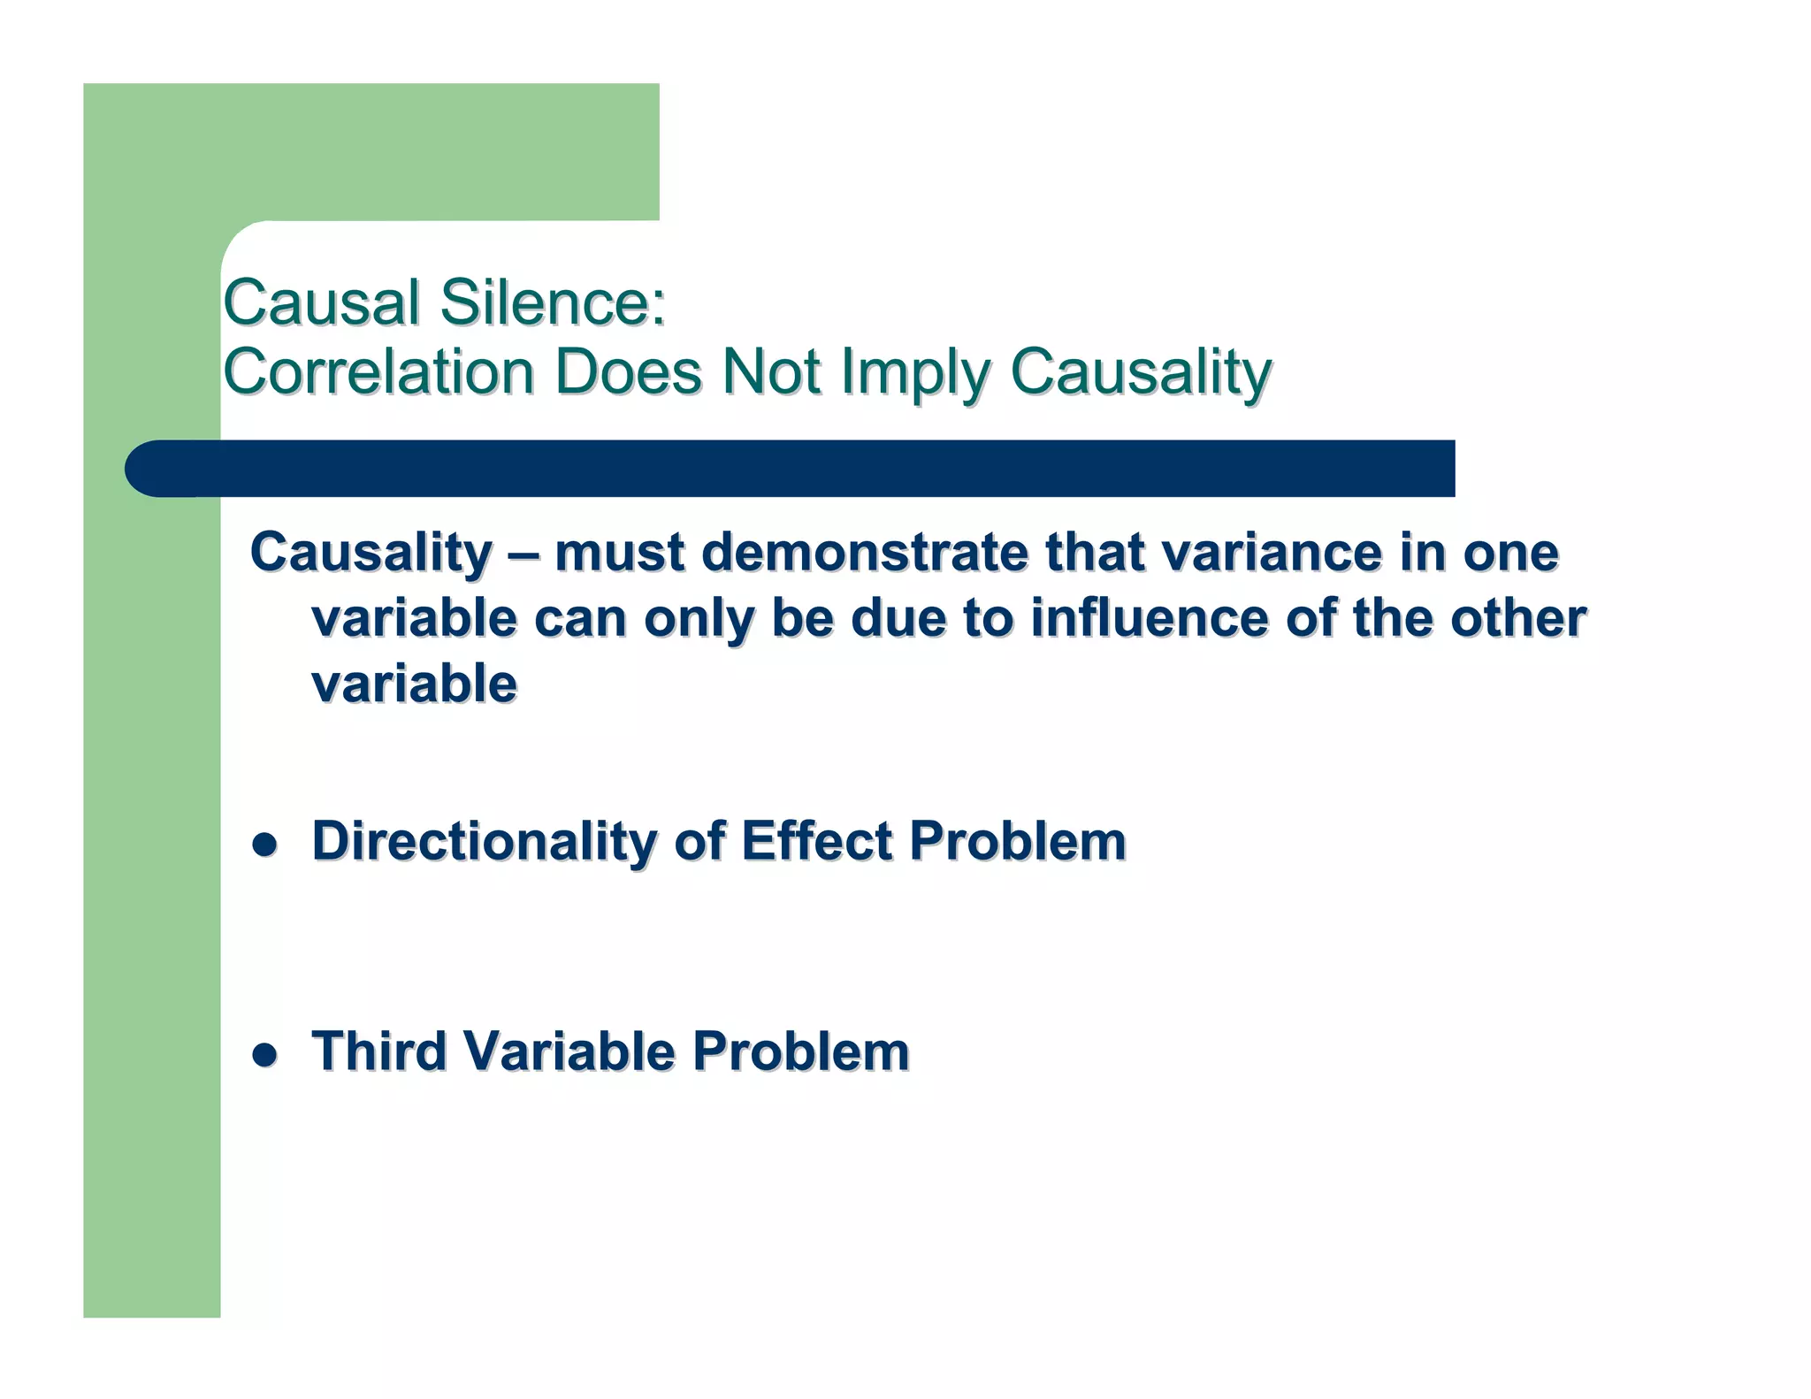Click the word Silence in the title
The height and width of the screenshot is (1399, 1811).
[x=552, y=302]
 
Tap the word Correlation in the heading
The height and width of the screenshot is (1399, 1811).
[x=378, y=371]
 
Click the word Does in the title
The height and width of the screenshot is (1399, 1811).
[x=627, y=371]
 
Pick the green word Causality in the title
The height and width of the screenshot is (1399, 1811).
[x=1141, y=373]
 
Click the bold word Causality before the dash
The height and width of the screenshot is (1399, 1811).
[x=371, y=554]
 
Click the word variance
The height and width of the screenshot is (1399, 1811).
[x=1272, y=554]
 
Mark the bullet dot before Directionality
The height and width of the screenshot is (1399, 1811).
[x=264, y=845]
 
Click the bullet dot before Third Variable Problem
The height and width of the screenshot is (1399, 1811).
[x=264, y=1055]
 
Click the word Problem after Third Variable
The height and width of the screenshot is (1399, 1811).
[x=800, y=1051]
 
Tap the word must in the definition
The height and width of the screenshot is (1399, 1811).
[x=620, y=554]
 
